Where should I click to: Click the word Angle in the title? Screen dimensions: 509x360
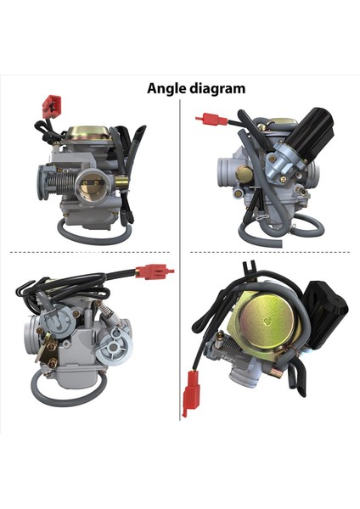(166, 87)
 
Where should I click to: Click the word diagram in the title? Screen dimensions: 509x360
(217, 87)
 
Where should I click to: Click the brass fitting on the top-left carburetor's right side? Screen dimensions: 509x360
(121, 180)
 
